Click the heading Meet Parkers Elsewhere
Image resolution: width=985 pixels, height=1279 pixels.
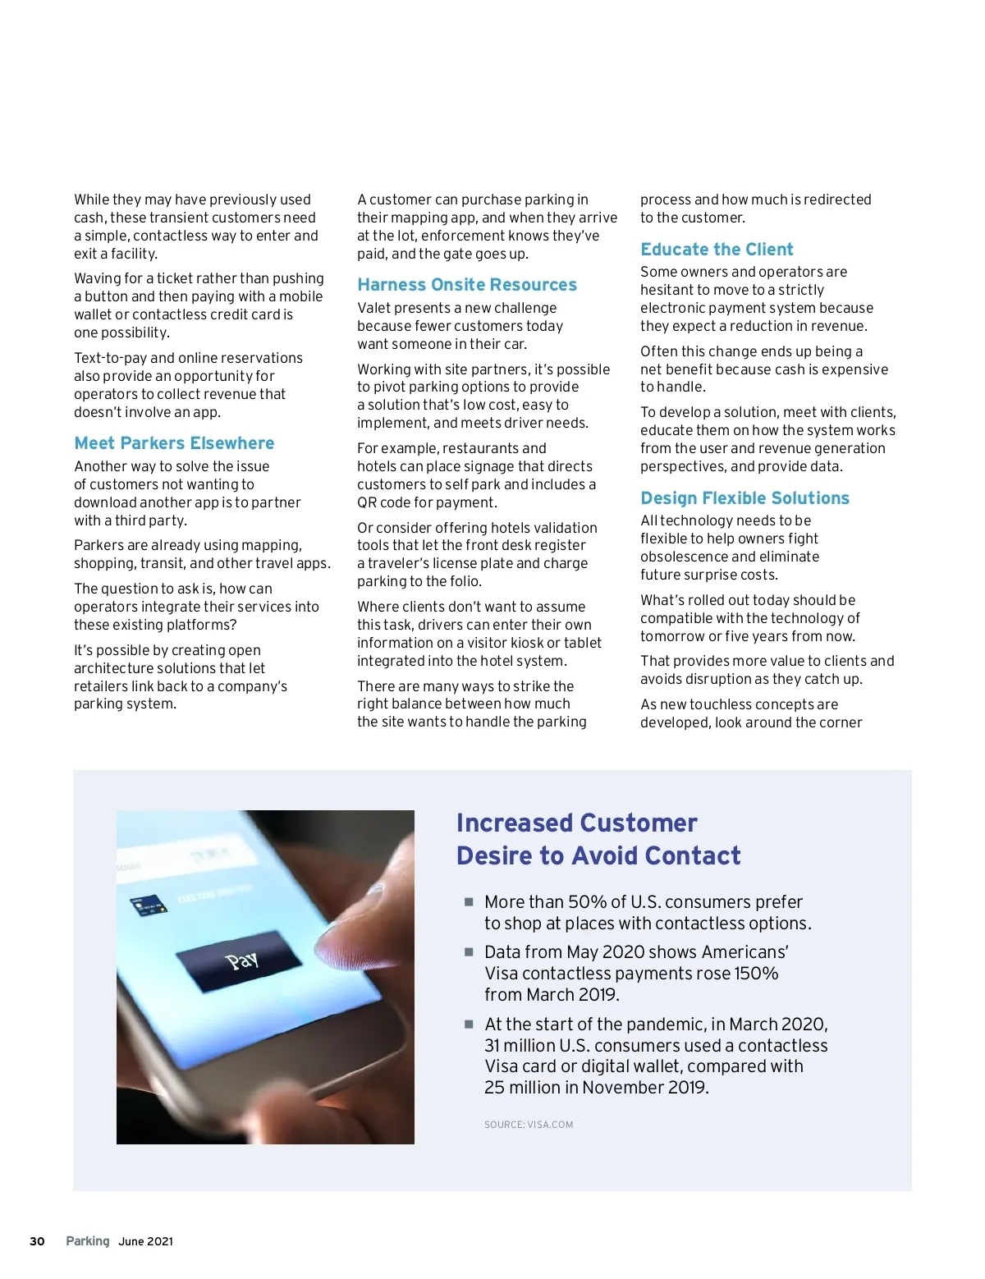(x=174, y=443)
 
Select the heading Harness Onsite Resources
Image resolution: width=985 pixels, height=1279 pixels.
(x=467, y=285)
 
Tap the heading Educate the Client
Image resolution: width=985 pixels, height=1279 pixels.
(x=717, y=250)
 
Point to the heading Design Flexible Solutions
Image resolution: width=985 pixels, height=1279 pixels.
(x=744, y=498)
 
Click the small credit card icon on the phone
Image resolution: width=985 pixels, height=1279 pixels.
(x=148, y=905)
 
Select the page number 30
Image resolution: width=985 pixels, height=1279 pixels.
(x=37, y=1241)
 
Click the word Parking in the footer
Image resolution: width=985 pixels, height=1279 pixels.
(x=88, y=1241)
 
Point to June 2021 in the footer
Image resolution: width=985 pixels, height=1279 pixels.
(x=146, y=1241)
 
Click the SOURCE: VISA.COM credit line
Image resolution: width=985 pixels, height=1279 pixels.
(x=529, y=1125)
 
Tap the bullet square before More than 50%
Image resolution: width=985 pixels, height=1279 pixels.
(x=469, y=901)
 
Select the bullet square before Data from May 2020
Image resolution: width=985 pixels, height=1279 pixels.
(x=469, y=951)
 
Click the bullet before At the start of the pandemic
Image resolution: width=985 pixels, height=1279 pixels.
(x=469, y=1024)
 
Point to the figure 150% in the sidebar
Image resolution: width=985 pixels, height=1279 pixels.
(x=756, y=974)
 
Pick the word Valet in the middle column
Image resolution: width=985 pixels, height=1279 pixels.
(x=376, y=308)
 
